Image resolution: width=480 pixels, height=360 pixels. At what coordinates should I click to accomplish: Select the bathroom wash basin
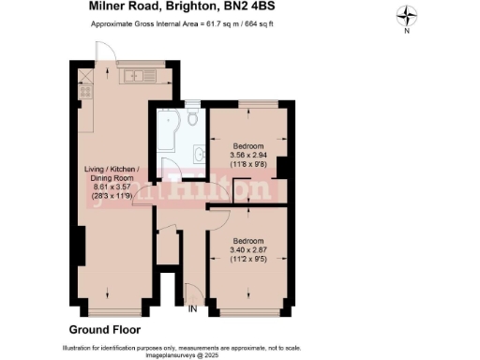point(198,154)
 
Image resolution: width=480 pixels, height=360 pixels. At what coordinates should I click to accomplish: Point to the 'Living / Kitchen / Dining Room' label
point(111,175)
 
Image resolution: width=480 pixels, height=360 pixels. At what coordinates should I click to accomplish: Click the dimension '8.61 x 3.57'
point(111,188)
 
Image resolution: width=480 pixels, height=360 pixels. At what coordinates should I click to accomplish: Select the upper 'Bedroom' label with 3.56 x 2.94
point(248,145)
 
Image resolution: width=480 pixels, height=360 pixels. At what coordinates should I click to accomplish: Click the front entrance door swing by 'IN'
point(190,292)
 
